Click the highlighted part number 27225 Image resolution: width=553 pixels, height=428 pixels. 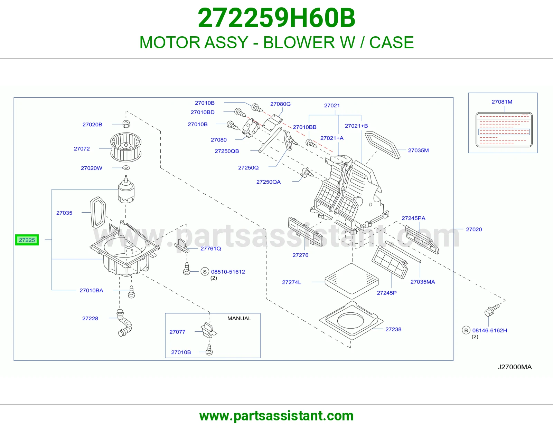pyautogui.click(x=27, y=240)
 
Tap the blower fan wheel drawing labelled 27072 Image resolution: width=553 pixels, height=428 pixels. pyautogui.click(x=126, y=147)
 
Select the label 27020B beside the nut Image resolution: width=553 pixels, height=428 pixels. pyautogui.click(x=92, y=125)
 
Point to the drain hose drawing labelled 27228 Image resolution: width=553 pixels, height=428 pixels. pyautogui.click(x=124, y=323)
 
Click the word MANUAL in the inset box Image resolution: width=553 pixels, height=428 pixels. pyautogui.click(x=239, y=319)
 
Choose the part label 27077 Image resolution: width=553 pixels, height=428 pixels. pyautogui.click(x=177, y=332)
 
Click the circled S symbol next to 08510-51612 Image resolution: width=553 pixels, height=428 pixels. pyautogui.click(x=205, y=272)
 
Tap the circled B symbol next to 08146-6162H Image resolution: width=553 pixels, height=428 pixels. pyautogui.click(x=466, y=330)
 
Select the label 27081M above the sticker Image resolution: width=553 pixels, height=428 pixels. pyautogui.click(x=502, y=102)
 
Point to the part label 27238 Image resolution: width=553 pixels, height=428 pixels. pyautogui.click(x=393, y=329)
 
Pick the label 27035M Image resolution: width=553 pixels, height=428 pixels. pyautogui.click(x=418, y=150)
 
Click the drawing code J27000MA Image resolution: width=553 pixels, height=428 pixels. pyautogui.click(x=515, y=367)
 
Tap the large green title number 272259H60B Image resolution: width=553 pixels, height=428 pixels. pyautogui.click(x=276, y=18)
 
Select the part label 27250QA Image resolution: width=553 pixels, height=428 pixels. pyautogui.click(x=269, y=182)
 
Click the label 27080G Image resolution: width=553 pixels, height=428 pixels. pyautogui.click(x=280, y=104)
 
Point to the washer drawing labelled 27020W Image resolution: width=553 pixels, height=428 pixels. pyautogui.click(x=126, y=168)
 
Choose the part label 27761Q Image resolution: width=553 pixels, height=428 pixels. pyautogui.click(x=211, y=249)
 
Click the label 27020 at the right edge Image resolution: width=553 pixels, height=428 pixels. pyautogui.click(x=474, y=229)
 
